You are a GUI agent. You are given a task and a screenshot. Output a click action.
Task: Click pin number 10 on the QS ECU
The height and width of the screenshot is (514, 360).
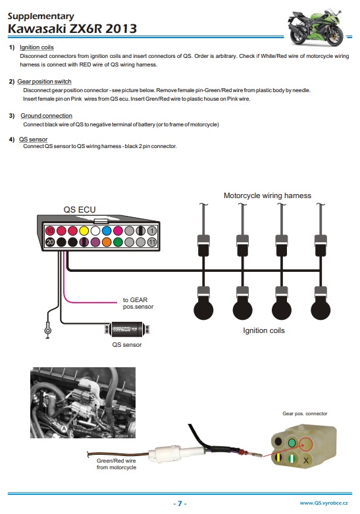click(x=50, y=231)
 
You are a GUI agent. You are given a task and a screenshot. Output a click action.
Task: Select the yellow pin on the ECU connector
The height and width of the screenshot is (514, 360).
click(x=84, y=231)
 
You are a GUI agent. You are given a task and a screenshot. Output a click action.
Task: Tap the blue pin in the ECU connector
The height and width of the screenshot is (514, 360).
click(x=107, y=231)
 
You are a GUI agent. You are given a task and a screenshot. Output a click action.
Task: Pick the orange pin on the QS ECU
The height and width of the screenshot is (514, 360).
click(x=107, y=242)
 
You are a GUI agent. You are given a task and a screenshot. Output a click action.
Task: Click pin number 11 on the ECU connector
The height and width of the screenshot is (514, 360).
click(x=152, y=242)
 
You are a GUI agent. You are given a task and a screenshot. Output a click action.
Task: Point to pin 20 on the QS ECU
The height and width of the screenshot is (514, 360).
click(x=50, y=242)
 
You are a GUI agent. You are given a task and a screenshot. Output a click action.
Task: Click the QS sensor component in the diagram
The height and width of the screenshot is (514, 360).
click(x=126, y=329)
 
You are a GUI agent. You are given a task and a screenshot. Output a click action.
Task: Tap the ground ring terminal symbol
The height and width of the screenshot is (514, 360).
click(x=48, y=330)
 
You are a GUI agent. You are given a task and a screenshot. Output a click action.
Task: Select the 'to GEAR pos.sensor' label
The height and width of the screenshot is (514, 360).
click(x=138, y=303)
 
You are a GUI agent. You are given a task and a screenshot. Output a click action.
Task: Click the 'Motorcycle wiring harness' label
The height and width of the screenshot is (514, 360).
click(x=267, y=195)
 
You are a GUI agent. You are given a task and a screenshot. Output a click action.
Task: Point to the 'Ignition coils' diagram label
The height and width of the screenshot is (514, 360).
click(x=264, y=330)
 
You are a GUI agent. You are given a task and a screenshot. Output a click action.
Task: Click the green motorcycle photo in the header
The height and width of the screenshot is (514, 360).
click(x=315, y=27)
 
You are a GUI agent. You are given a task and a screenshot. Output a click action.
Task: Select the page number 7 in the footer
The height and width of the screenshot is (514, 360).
click(x=180, y=503)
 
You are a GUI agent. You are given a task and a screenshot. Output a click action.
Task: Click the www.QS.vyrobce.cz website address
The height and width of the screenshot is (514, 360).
click(x=324, y=503)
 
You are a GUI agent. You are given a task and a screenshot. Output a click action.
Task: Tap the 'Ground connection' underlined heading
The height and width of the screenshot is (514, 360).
click(x=46, y=116)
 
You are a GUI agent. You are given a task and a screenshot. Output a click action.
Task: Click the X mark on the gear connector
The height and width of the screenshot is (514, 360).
click(x=306, y=461)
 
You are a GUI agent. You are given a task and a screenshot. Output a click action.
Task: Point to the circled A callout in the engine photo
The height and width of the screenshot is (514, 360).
click(x=64, y=428)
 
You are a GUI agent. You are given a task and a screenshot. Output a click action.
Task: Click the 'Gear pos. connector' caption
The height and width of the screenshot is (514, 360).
click(x=305, y=414)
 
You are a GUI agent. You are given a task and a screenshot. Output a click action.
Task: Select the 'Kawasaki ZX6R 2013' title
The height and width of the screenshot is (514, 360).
click(x=72, y=28)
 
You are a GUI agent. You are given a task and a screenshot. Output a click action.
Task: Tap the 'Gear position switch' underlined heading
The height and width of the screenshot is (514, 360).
click(x=44, y=82)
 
